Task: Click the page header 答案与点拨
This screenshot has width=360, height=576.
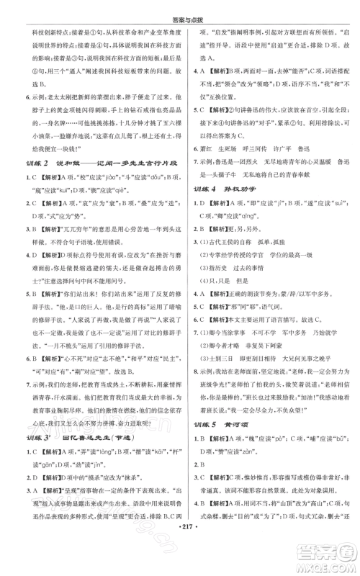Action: tap(180, 9)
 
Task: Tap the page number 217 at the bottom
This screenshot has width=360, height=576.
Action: tap(180, 562)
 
